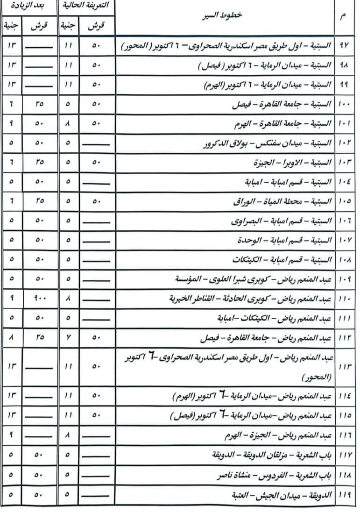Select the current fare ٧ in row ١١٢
tap(68, 337)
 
